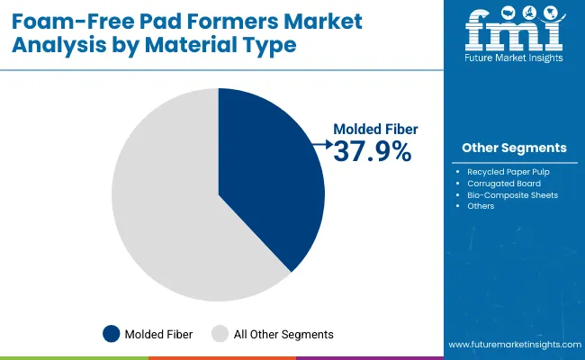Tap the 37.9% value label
372,152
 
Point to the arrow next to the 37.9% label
319,142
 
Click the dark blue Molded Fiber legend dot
112,334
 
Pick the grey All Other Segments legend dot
220,334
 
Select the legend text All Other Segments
283,335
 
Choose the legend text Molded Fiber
159,335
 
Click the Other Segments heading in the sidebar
514,148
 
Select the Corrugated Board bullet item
505,183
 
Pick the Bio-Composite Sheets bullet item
512,194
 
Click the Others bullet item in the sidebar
481,206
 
